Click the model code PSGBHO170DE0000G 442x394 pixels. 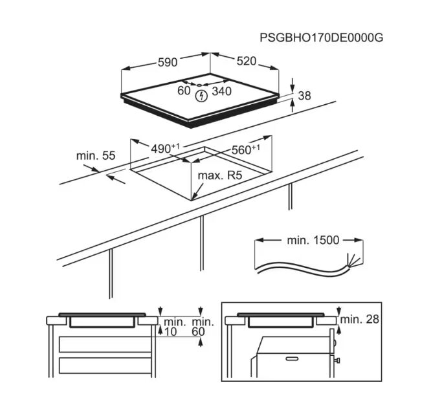[x=322, y=38]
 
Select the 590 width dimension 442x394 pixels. [x=168, y=62]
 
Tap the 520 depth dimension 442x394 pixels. [x=247, y=61]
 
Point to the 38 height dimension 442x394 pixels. [x=304, y=96]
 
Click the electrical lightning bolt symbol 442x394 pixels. [x=201, y=96]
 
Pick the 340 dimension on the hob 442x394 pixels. [x=221, y=91]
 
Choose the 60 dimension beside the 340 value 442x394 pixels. [x=184, y=91]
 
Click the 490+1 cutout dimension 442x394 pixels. [x=165, y=149]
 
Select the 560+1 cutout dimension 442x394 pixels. [x=245, y=149]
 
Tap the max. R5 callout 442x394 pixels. [x=220, y=175]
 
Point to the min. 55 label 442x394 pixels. [x=96, y=155]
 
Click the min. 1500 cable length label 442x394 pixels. [x=313, y=241]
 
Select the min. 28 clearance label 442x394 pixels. [x=360, y=320]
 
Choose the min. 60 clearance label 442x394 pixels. [x=203, y=327]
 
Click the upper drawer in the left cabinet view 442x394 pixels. [x=105, y=344]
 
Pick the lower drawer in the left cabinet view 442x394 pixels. [x=105, y=366]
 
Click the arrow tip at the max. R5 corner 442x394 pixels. [x=192, y=199]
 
